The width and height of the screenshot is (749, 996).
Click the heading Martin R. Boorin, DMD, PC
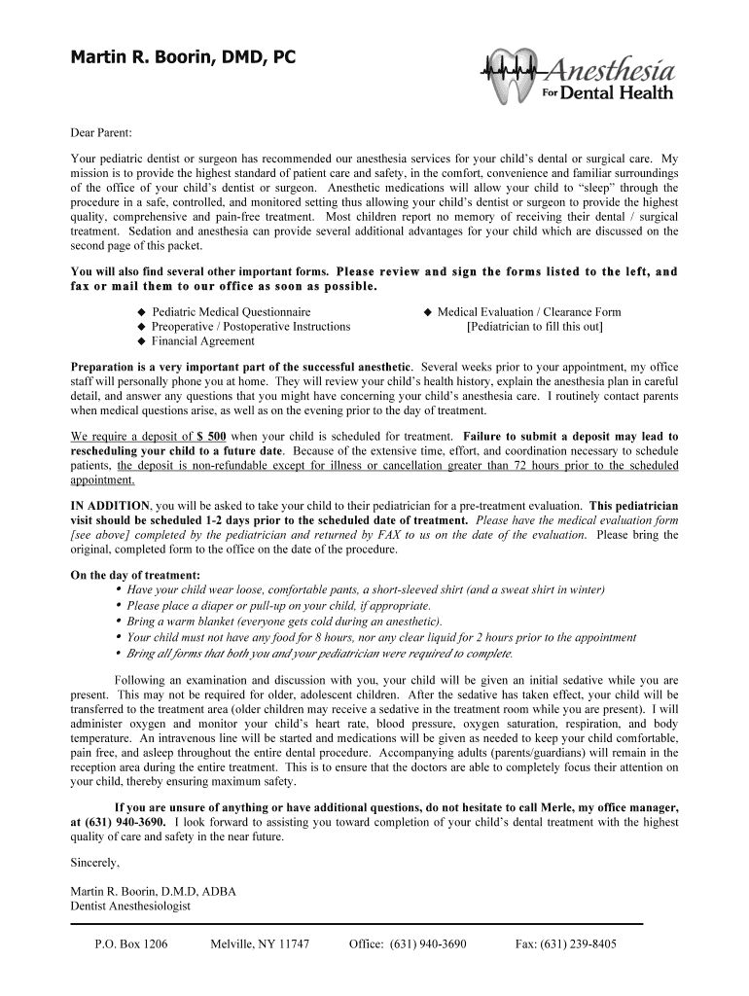pyautogui.click(x=182, y=59)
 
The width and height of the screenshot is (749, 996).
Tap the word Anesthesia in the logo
pyautogui.click(x=611, y=70)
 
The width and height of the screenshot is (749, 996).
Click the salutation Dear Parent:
pyautogui.click(x=101, y=132)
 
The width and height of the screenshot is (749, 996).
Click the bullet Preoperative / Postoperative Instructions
pyautogui.click(x=250, y=327)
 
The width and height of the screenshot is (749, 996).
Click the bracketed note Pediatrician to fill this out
pyautogui.click(x=535, y=327)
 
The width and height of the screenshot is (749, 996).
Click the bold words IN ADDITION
pyautogui.click(x=111, y=507)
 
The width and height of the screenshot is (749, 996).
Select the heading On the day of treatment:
pyautogui.click(x=135, y=575)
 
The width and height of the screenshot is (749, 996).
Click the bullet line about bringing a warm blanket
pyautogui.click(x=284, y=621)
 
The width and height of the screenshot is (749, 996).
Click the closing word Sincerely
pyautogui.click(x=95, y=862)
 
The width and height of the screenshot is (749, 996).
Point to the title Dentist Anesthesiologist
pyautogui.click(x=131, y=906)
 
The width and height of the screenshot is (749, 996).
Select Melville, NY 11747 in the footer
pyautogui.click(x=260, y=944)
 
